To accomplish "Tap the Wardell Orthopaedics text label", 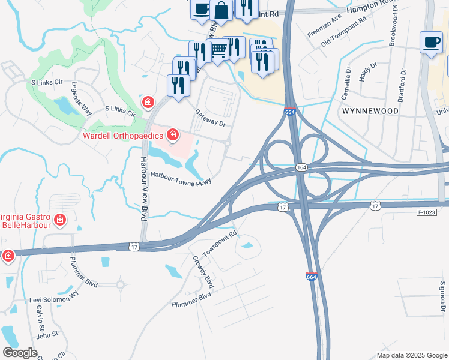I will click(123, 134).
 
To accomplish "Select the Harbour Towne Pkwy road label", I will click(182, 179).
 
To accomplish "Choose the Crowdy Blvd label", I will click(203, 271).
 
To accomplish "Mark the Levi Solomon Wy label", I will click(55, 297).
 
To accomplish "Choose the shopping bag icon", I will click(221, 10).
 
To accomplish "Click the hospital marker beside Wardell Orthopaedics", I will click(173, 134).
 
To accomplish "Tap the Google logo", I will click(20, 353).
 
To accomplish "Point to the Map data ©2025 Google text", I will click(411, 355).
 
